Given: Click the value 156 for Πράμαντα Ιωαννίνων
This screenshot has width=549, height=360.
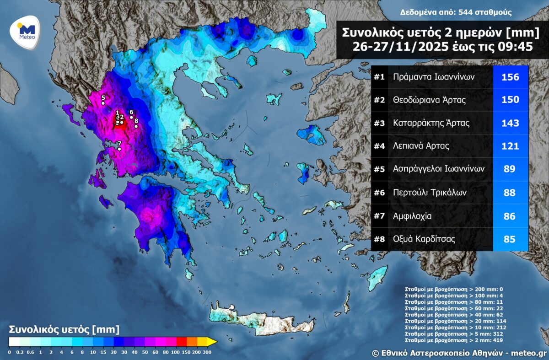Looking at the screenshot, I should click(510, 77).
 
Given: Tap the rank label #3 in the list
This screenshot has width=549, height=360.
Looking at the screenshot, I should click(379, 123).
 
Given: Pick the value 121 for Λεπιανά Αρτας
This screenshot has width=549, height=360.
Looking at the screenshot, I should click(510, 146).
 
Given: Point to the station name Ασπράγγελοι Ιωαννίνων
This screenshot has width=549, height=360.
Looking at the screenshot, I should click(438, 169).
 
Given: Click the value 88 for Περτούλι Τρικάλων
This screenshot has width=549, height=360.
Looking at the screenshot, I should click(510, 192).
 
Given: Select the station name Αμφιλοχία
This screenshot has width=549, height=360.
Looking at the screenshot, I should click(412, 215).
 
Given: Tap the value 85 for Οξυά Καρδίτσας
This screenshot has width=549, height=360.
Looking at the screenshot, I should click(510, 239).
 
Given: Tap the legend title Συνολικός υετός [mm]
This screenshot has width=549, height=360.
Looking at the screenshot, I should click(64, 329).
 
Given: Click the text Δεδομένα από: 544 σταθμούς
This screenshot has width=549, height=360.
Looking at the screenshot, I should click(456, 12).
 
